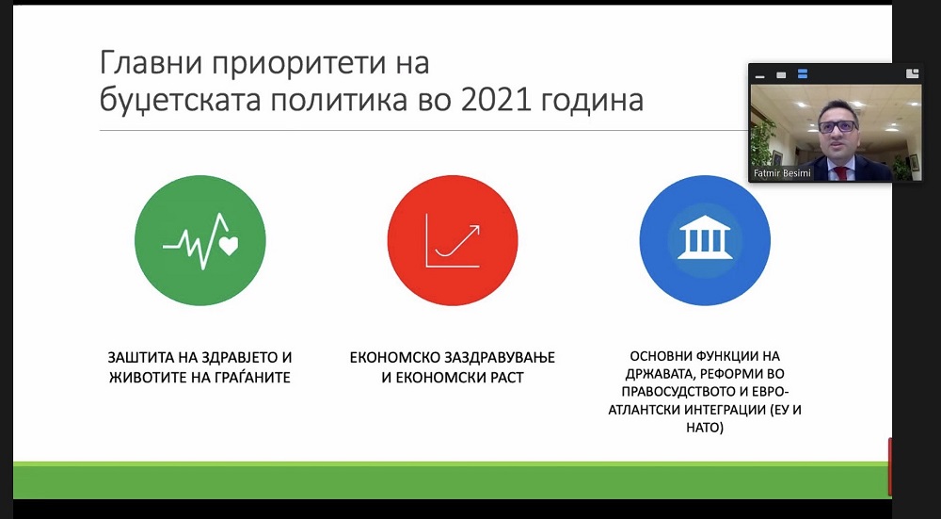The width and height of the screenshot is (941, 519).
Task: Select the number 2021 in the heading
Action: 496,100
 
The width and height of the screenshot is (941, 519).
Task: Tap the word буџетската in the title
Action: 181,102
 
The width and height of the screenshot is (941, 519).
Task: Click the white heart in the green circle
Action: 229,245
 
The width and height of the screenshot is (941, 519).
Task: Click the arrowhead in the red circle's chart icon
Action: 474,230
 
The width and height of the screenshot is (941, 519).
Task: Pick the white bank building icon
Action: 705,237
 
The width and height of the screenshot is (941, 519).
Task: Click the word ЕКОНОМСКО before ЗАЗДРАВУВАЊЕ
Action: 395,357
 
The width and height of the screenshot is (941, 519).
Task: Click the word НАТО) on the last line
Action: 705,429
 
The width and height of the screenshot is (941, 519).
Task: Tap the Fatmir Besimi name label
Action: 782,173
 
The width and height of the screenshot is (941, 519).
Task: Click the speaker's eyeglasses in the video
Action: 837,126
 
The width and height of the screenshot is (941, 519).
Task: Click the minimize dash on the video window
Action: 759,76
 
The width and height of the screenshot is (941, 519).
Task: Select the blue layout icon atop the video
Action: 803,74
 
